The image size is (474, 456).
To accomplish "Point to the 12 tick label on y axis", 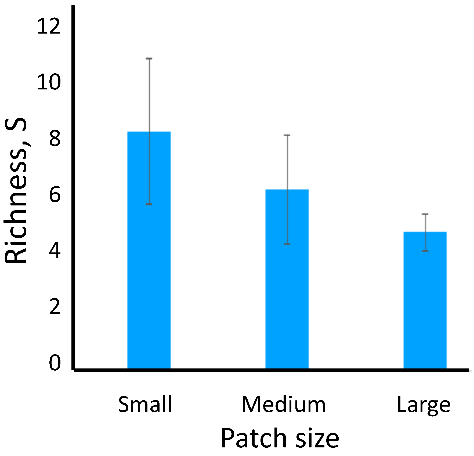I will pyautogui.click(x=49, y=26).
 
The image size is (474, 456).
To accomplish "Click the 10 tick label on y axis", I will pyautogui.click(x=49, y=82).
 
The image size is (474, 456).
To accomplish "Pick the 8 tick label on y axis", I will pyautogui.click(x=55, y=139).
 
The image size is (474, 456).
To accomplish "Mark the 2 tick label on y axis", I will pyautogui.click(x=55, y=307).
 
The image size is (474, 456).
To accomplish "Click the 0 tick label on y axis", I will pyautogui.click(x=55, y=363).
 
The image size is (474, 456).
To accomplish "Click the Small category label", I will pyautogui.click(x=145, y=404).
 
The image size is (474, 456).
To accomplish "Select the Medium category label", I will pyautogui.click(x=284, y=404).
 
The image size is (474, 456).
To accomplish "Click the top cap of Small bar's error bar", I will pyautogui.click(x=149, y=58).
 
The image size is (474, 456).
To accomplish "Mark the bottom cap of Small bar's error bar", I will pyautogui.click(x=149, y=204).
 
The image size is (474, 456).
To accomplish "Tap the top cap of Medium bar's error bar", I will pyautogui.click(x=287, y=135).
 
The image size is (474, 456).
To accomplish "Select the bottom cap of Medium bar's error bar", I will pyautogui.click(x=287, y=244).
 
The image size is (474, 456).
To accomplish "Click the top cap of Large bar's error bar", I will pyautogui.click(x=425, y=214).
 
